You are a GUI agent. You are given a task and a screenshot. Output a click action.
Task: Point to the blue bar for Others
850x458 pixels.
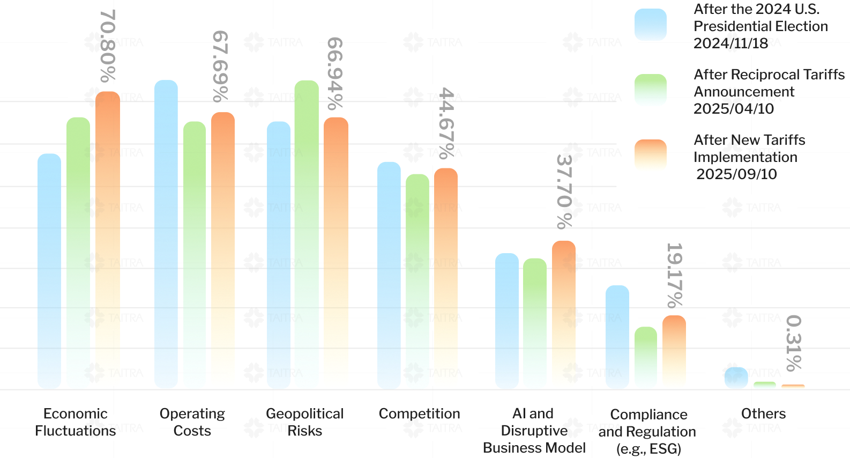(x=736, y=378)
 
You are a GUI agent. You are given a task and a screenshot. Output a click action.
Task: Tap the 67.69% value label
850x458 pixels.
(x=220, y=65)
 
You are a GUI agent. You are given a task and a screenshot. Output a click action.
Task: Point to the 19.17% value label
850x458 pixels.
(x=674, y=275)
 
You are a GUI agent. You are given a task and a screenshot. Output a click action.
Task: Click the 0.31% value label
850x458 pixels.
(x=793, y=343)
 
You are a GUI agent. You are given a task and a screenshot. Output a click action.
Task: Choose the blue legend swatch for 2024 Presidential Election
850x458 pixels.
(x=651, y=25)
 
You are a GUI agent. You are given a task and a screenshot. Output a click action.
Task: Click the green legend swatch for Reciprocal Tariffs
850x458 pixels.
(x=651, y=90)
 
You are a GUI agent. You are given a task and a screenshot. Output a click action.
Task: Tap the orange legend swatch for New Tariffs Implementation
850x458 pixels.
(x=651, y=156)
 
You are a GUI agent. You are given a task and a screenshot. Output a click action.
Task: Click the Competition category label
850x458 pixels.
(x=419, y=413)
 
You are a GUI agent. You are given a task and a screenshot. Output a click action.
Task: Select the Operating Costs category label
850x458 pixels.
(x=192, y=422)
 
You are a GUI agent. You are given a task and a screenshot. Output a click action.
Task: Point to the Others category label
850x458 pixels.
(x=763, y=413)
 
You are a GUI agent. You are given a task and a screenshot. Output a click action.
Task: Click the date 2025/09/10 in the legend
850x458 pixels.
(x=736, y=174)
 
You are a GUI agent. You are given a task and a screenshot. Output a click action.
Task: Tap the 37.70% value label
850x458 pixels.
(x=564, y=191)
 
